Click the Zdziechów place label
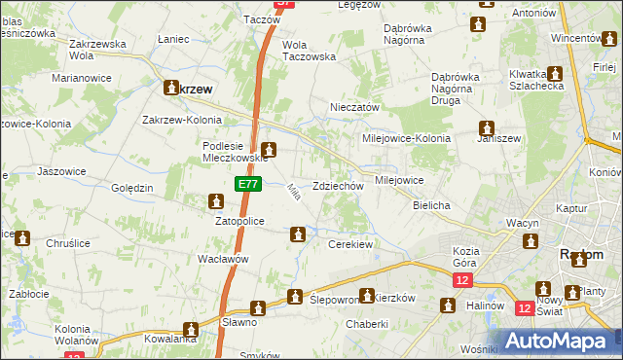tap(339, 186)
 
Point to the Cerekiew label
tap(351, 244)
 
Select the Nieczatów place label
tap(353, 108)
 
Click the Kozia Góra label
tap(472, 257)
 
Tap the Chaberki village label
tap(367, 324)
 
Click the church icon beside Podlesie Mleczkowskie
tap(270, 150)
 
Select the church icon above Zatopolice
tap(215, 201)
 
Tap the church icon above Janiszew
tap(486, 127)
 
